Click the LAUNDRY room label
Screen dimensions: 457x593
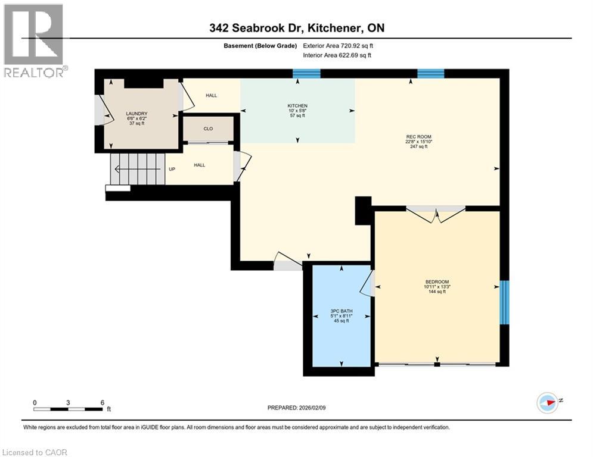tap(136, 114)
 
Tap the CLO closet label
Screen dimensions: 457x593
tap(208, 129)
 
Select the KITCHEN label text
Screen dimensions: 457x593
tap(297, 106)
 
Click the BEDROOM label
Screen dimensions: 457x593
tap(437, 281)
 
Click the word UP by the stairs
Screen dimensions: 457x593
tap(172, 169)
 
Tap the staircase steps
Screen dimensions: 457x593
tap(137, 169)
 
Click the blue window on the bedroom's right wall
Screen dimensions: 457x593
tap(504, 302)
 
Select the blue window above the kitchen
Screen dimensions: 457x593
tap(306, 74)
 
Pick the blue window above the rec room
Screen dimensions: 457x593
tap(430, 74)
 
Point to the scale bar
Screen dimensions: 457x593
tap(69, 409)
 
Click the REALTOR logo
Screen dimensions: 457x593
tap(34, 40)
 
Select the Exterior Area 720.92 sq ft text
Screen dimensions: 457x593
tap(339, 45)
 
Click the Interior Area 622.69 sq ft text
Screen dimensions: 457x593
tap(339, 55)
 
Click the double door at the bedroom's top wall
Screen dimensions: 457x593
tap(436, 214)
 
